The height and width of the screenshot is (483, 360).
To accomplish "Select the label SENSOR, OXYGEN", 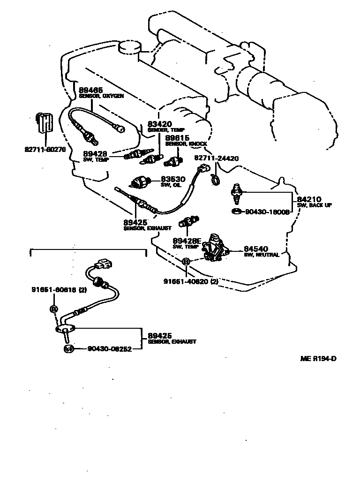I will (x=101, y=96).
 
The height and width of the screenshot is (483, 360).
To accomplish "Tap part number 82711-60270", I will (x=45, y=151).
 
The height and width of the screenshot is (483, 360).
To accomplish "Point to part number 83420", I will (x=159, y=124).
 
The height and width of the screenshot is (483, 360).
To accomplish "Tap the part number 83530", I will (x=173, y=179).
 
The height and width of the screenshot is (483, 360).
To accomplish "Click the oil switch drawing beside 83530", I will (x=140, y=182).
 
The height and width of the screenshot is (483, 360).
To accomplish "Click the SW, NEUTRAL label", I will (x=262, y=255).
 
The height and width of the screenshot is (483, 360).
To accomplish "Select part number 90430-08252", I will (x=109, y=349).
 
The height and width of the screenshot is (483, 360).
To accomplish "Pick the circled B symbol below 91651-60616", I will (x=54, y=309).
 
